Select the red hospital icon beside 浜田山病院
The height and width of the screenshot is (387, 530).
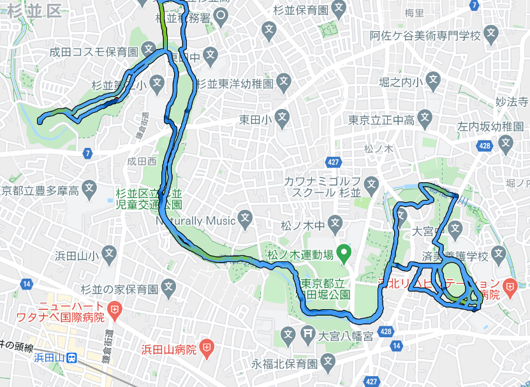(x=207, y=348)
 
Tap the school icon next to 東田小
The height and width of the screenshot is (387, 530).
(x=283, y=119)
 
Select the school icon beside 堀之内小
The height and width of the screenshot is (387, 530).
(x=434, y=81)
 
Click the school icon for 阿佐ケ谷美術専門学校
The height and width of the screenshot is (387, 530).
(x=491, y=33)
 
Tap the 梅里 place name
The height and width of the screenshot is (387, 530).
(x=414, y=13)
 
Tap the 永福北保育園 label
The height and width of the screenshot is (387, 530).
(x=284, y=364)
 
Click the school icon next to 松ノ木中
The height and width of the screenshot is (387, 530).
(x=329, y=225)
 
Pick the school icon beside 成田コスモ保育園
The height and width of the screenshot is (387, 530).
(x=149, y=49)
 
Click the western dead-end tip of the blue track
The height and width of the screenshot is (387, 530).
(x=40, y=120)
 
